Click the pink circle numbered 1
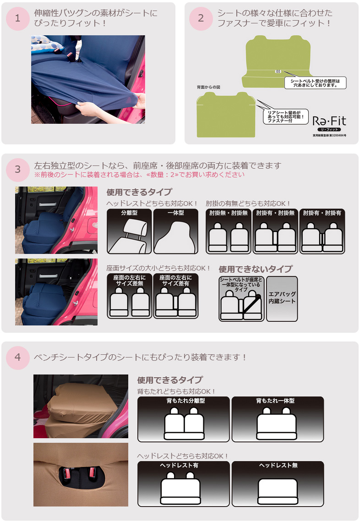click(x=18, y=19)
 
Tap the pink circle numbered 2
click(x=201, y=19)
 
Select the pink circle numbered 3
click(x=18, y=170)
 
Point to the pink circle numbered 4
click(x=18, y=358)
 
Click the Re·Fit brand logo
click(x=329, y=123)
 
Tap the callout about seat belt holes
click(x=315, y=83)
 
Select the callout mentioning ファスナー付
click(x=286, y=117)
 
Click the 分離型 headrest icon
click(x=129, y=231)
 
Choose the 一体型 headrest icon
click(x=176, y=231)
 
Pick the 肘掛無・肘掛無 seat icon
click(x=229, y=231)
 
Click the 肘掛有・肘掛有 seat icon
click(x=322, y=231)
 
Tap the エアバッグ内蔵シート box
click(x=282, y=298)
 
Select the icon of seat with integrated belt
click(x=241, y=299)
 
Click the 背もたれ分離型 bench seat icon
click(x=184, y=419)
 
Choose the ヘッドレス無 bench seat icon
click(x=278, y=484)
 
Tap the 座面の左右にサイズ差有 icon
click(x=176, y=296)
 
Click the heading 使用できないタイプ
click(x=256, y=269)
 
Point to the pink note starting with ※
click(x=139, y=175)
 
